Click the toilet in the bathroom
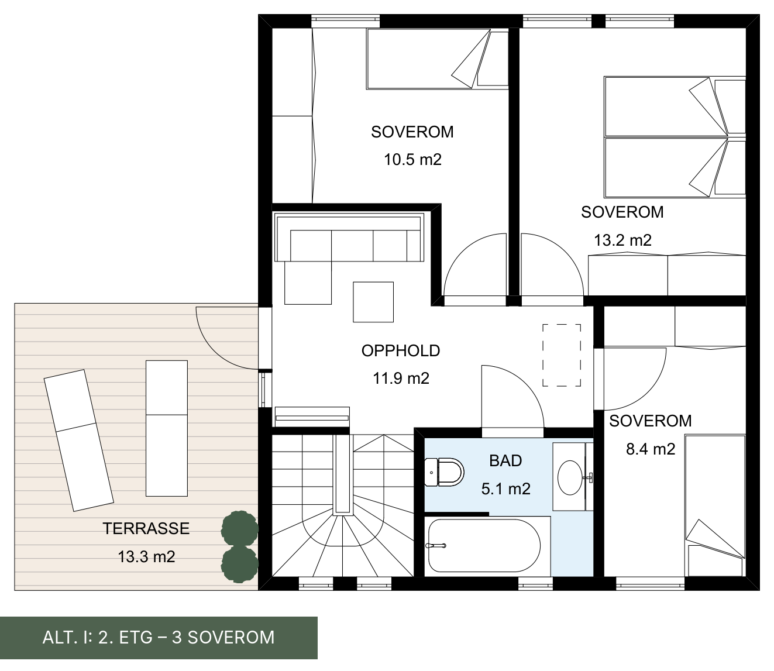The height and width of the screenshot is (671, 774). click(444, 472)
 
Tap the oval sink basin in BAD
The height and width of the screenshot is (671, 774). click(570, 477)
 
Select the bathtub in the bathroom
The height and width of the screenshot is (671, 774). click(484, 545)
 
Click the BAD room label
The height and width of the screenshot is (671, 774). click(505, 461)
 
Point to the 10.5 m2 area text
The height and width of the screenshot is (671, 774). click(412, 160)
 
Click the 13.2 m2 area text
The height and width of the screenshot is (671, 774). click(622, 240)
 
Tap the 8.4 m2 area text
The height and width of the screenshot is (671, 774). click(651, 449)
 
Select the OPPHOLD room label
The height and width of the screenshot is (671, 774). click(401, 351)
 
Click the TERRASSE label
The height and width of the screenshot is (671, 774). click(146, 529)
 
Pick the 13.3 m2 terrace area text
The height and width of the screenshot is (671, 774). click(146, 557)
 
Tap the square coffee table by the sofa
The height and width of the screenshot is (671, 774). click(373, 302)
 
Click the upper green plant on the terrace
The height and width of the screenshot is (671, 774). click(240, 529)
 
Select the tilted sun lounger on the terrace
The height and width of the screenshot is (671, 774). click(78, 441)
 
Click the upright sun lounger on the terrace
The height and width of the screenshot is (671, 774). click(167, 428)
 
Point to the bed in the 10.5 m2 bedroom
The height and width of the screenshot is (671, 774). click(438, 59)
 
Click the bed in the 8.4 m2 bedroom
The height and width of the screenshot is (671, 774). click(715, 505)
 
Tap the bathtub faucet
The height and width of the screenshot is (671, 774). click(436, 546)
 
